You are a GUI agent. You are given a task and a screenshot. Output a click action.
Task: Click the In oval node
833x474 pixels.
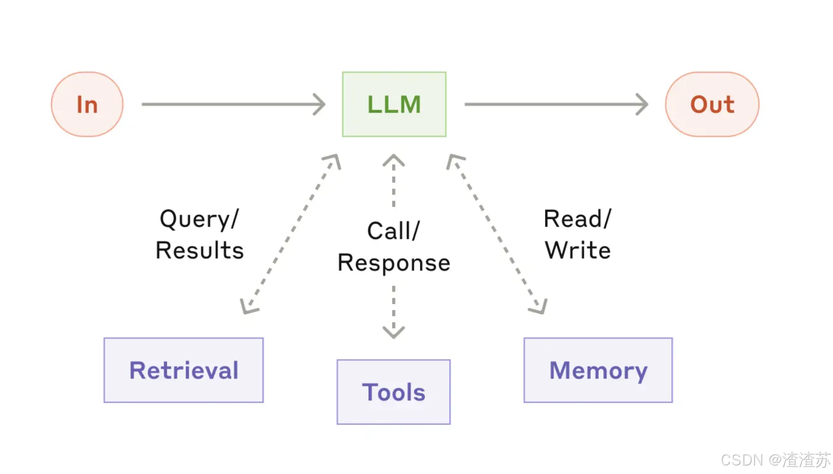tap(87, 104)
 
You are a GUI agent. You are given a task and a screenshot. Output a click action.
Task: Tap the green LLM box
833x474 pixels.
tap(394, 104)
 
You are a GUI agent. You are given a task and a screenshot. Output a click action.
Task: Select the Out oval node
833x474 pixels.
tap(712, 104)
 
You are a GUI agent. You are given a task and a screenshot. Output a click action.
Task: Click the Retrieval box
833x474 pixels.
tap(184, 370)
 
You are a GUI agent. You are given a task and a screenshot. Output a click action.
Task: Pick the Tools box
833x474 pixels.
tap(394, 392)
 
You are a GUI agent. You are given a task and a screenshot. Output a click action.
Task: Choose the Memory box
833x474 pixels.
tap(598, 370)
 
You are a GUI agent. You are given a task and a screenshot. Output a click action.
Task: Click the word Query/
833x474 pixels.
tap(199, 219)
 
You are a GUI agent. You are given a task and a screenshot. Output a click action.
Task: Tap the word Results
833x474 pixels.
tap(200, 250)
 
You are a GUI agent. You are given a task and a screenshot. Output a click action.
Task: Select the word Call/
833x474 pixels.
tap(394, 231)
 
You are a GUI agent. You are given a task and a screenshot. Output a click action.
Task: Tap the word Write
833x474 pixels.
tap(578, 250)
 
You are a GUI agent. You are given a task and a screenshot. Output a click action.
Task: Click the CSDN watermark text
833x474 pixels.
tap(776, 460)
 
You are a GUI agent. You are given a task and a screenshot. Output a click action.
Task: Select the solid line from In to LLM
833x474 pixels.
tap(233, 104)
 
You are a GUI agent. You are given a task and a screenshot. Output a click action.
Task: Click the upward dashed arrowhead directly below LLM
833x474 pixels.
tap(394, 161)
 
